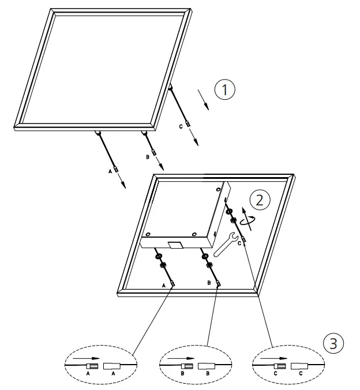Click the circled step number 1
(x=226, y=91)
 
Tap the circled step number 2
(x=259, y=200)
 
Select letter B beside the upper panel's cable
(x=147, y=156)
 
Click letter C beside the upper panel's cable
(x=181, y=126)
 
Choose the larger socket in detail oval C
(x=299, y=366)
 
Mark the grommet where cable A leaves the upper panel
(x=97, y=134)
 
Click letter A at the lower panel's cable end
(x=164, y=286)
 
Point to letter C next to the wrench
(x=239, y=243)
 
